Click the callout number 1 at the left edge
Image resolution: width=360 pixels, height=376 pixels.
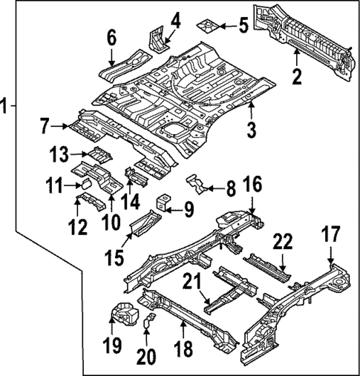click(7, 106)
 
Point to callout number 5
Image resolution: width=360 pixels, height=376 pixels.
click(243, 27)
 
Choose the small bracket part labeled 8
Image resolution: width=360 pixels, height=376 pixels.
click(195, 181)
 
